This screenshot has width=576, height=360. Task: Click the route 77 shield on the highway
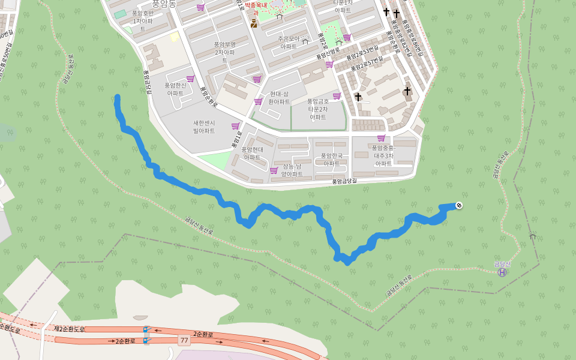[x=184, y=341]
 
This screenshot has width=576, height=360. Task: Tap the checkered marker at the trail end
[x=459, y=206]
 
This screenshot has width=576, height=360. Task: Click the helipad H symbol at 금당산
[x=502, y=272]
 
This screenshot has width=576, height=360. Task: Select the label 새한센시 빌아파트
[x=204, y=127]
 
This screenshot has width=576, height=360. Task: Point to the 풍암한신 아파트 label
[x=175, y=89]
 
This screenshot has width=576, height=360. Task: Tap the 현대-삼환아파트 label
[x=279, y=98]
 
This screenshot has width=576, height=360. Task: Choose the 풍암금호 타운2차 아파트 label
[x=318, y=109]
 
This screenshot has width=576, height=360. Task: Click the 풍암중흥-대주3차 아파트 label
[x=383, y=155]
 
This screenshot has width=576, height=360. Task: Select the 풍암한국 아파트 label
[x=331, y=159]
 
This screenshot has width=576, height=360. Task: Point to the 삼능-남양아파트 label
[x=292, y=170]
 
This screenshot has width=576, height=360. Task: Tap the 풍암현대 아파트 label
[x=252, y=153]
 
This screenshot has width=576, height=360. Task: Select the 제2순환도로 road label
[x=70, y=329]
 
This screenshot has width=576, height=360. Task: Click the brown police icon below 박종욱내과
[x=254, y=24]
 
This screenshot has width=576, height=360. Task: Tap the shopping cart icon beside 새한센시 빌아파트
[x=235, y=126]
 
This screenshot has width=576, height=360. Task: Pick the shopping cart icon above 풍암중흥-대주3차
[x=381, y=137]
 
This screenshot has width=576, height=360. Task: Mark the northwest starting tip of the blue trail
[x=117, y=97]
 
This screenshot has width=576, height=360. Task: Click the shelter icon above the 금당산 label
[x=532, y=236]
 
